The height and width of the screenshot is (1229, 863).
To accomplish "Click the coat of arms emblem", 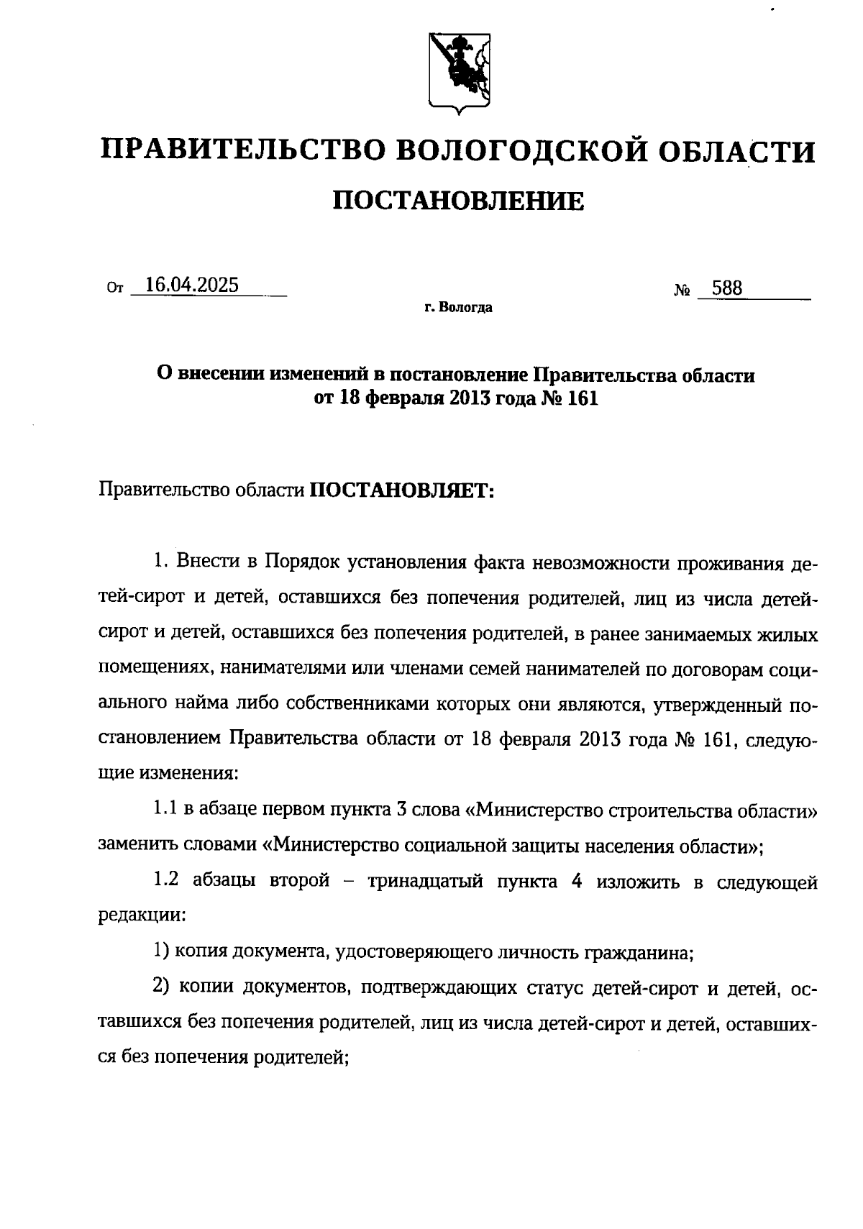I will [460, 73].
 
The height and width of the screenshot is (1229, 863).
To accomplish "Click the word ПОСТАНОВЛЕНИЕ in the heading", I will [459, 201].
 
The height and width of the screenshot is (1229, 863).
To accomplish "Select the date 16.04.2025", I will [191, 285].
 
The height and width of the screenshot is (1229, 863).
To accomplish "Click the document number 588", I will [726, 288].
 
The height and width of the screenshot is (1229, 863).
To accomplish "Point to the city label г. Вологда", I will [458, 309].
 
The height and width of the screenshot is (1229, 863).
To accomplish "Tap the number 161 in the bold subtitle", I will [583, 398].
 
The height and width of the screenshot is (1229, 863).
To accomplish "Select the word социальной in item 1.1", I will [450, 846].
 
